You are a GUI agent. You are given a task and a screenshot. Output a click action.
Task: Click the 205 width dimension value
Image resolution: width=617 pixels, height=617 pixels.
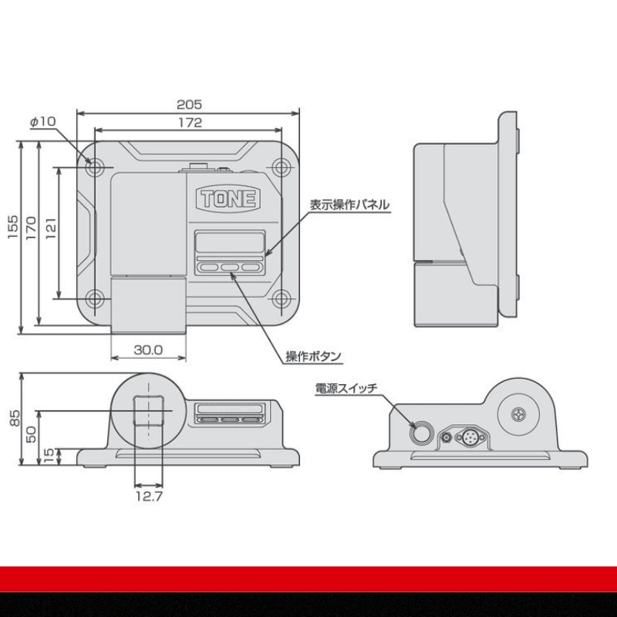(x=189, y=104)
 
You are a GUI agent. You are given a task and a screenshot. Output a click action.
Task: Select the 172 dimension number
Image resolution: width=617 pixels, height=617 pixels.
(x=190, y=123)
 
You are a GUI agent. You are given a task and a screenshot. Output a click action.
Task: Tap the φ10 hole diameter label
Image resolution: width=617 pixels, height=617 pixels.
(x=43, y=121)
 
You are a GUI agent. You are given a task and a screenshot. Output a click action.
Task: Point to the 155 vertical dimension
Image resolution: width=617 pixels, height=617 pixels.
(x=12, y=226)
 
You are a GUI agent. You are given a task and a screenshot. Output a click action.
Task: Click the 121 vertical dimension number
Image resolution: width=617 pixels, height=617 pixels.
(x=51, y=228)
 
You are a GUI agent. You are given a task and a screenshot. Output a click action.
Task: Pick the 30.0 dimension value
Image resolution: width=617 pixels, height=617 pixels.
(x=148, y=350)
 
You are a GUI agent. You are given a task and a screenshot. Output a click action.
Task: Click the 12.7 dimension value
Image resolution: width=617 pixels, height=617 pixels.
(x=149, y=496)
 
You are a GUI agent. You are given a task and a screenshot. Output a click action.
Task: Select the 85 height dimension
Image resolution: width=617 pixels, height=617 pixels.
(x=14, y=418)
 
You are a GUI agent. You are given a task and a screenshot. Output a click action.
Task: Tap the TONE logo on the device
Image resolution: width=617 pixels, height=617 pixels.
(x=228, y=198)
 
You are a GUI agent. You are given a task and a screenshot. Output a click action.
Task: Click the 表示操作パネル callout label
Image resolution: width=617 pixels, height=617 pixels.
(x=349, y=204)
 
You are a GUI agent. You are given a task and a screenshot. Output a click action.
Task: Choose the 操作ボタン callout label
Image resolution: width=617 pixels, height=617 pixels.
(x=313, y=356)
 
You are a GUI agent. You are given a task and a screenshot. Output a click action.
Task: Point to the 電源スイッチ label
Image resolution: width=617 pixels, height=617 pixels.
(x=346, y=389)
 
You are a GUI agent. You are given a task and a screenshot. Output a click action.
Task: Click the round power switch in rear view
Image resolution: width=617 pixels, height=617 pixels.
(x=420, y=433)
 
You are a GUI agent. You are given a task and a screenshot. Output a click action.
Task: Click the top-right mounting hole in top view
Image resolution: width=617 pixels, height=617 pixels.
(x=282, y=168)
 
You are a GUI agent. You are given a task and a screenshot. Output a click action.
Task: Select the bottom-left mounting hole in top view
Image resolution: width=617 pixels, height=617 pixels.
(x=94, y=298)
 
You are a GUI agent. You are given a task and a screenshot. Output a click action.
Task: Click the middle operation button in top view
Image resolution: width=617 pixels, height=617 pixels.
(x=230, y=267)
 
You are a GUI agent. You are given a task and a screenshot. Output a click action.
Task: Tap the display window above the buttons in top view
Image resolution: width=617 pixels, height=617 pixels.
(x=230, y=242)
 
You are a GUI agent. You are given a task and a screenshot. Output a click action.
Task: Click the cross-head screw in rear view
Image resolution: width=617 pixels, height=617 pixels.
(x=518, y=414)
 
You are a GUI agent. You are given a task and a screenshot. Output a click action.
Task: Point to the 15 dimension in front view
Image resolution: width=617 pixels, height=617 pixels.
(x=49, y=457)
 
